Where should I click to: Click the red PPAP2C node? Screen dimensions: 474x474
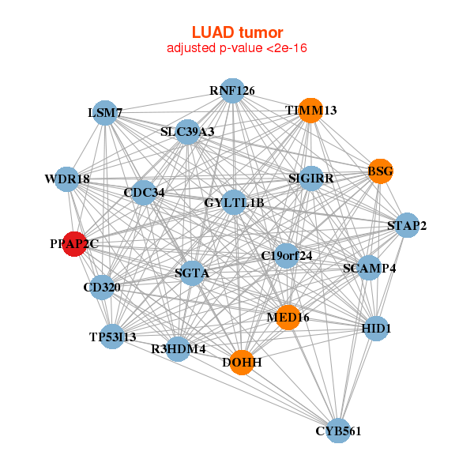pos(74,243)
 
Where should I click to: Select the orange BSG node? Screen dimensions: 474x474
pos(380,171)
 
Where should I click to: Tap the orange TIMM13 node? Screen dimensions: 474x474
pos(312,110)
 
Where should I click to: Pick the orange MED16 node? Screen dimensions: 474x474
pos(288,317)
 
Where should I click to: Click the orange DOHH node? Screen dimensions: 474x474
pos(243,362)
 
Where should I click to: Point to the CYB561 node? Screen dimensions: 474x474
pos(338,431)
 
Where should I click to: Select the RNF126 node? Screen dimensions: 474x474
pos(231,91)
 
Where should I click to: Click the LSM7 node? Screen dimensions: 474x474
pos(105,113)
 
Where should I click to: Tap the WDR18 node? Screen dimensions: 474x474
pos(67,179)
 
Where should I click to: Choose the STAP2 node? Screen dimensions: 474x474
pos(407,226)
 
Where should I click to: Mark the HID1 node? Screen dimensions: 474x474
pos(377,327)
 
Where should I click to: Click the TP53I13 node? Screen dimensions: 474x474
pos(113,337)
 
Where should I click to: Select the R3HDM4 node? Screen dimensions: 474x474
pos(179,348)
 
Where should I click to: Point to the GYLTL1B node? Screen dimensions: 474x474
pos(234,203)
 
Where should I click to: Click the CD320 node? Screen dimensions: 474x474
pos(102,287)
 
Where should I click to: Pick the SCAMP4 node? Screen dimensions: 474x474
pos(369,268)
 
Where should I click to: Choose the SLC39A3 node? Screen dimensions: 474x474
pos(187,131)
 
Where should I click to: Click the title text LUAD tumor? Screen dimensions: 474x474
pos(237,32)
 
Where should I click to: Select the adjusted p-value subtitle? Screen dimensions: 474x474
pos(237,48)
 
